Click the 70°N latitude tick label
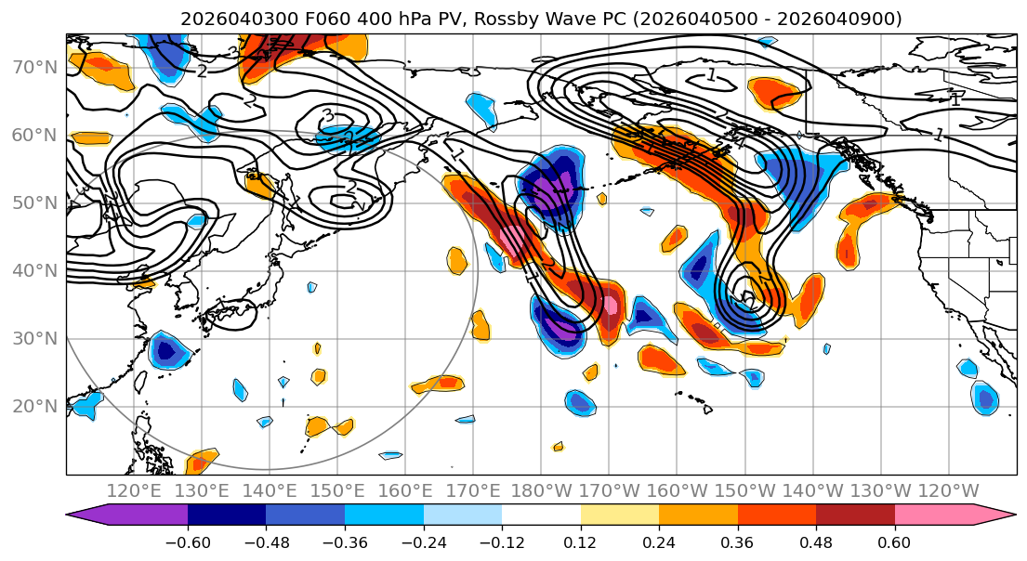click(x=34, y=68)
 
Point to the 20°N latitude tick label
click(x=34, y=406)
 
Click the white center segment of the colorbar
click(x=541, y=517)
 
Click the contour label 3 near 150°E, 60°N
click(x=327, y=115)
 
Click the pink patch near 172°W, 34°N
click(x=610, y=306)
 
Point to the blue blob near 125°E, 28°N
click(x=167, y=351)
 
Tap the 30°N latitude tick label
click(x=34, y=338)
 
